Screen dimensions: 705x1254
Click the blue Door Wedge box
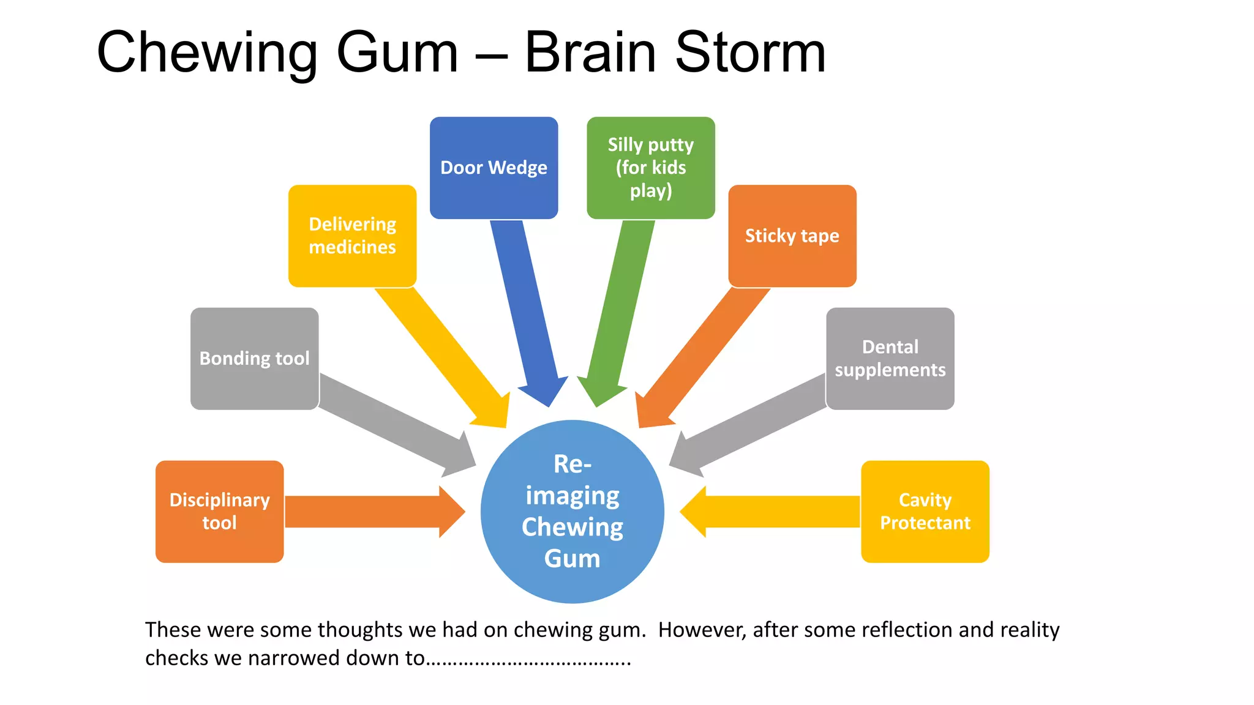(x=494, y=168)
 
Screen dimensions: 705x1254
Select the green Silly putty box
(x=650, y=168)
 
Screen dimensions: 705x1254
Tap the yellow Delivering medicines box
(x=352, y=236)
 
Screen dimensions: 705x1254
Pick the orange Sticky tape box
(x=792, y=236)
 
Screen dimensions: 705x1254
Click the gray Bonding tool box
(x=254, y=359)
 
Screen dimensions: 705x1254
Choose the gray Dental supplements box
(x=890, y=359)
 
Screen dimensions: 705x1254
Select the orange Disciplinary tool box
(x=219, y=512)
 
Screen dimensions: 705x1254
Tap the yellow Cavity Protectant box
(x=925, y=512)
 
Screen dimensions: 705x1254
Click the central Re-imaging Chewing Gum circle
(x=572, y=512)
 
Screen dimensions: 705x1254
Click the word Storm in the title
(x=750, y=53)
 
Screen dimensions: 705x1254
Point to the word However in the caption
(x=702, y=630)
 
